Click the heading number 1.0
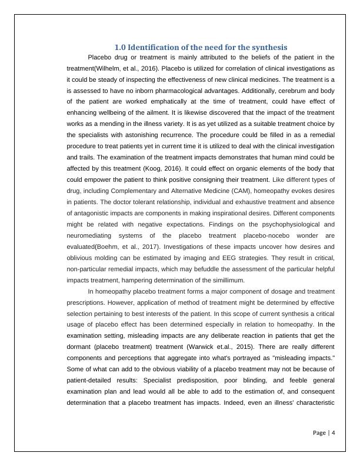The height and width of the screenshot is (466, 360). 119,47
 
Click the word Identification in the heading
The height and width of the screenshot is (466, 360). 154,47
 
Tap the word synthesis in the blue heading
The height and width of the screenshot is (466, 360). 269,47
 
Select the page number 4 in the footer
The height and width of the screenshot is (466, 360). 334,432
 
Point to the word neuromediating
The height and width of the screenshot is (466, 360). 91,235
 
